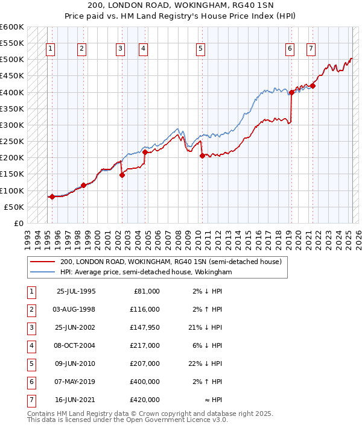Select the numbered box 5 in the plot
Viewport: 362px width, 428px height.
[200, 49]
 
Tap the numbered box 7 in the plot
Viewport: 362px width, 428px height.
[311, 49]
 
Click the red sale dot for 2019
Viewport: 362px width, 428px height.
[291, 92]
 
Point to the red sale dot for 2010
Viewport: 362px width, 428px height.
[202, 156]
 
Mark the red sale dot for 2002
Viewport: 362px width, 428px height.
[122, 175]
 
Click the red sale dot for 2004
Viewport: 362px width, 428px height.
[145, 153]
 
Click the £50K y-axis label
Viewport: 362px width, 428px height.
[14, 207]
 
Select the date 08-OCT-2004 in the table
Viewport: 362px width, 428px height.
[75, 346]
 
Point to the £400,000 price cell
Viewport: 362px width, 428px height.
[146, 381]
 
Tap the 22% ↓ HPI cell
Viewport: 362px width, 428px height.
[205, 363]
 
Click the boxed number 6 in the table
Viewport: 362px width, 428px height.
[30, 381]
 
